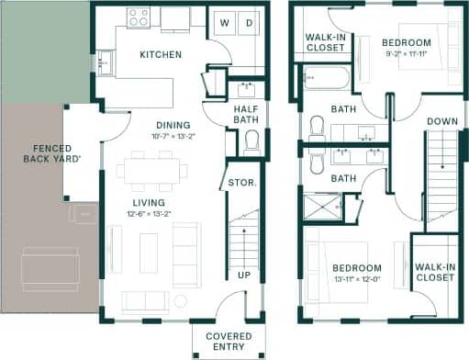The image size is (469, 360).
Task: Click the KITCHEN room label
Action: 160,55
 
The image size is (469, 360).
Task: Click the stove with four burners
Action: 139,17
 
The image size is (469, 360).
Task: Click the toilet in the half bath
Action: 251,141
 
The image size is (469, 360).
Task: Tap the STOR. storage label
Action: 241,183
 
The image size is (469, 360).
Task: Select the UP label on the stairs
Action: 243,276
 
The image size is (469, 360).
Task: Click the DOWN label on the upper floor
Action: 443,121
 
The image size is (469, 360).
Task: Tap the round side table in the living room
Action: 181,300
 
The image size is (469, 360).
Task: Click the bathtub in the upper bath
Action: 326,77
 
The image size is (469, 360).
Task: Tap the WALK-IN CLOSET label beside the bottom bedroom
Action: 434,272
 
